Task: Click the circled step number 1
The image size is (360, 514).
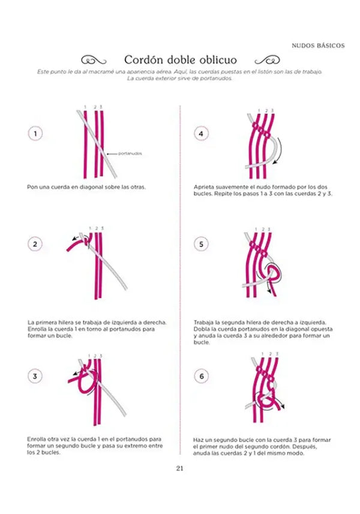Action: pyautogui.click(x=35, y=134)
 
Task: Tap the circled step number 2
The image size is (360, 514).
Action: pyautogui.click(x=35, y=244)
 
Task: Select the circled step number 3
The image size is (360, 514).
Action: pyautogui.click(x=35, y=376)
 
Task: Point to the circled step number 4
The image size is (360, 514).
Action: pyautogui.click(x=201, y=134)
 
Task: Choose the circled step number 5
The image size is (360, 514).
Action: pyautogui.click(x=201, y=244)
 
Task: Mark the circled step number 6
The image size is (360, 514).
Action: pyautogui.click(x=201, y=376)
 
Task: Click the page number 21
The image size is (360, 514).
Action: pyautogui.click(x=179, y=468)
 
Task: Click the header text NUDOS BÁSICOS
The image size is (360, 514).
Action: pyautogui.click(x=317, y=45)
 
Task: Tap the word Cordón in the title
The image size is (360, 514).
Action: pyautogui.click(x=142, y=60)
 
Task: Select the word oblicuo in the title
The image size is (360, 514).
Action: pyautogui.click(x=216, y=60)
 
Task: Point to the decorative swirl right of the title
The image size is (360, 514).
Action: pyautogui.click(x=266, y=60)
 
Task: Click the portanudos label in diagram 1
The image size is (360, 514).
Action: pyautogui.click(x=130, y=154)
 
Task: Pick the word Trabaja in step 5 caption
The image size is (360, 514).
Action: pyautogui.click(x=203, y=322)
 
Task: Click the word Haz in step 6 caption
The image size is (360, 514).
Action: pyautogui.click(x=199, y=440)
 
